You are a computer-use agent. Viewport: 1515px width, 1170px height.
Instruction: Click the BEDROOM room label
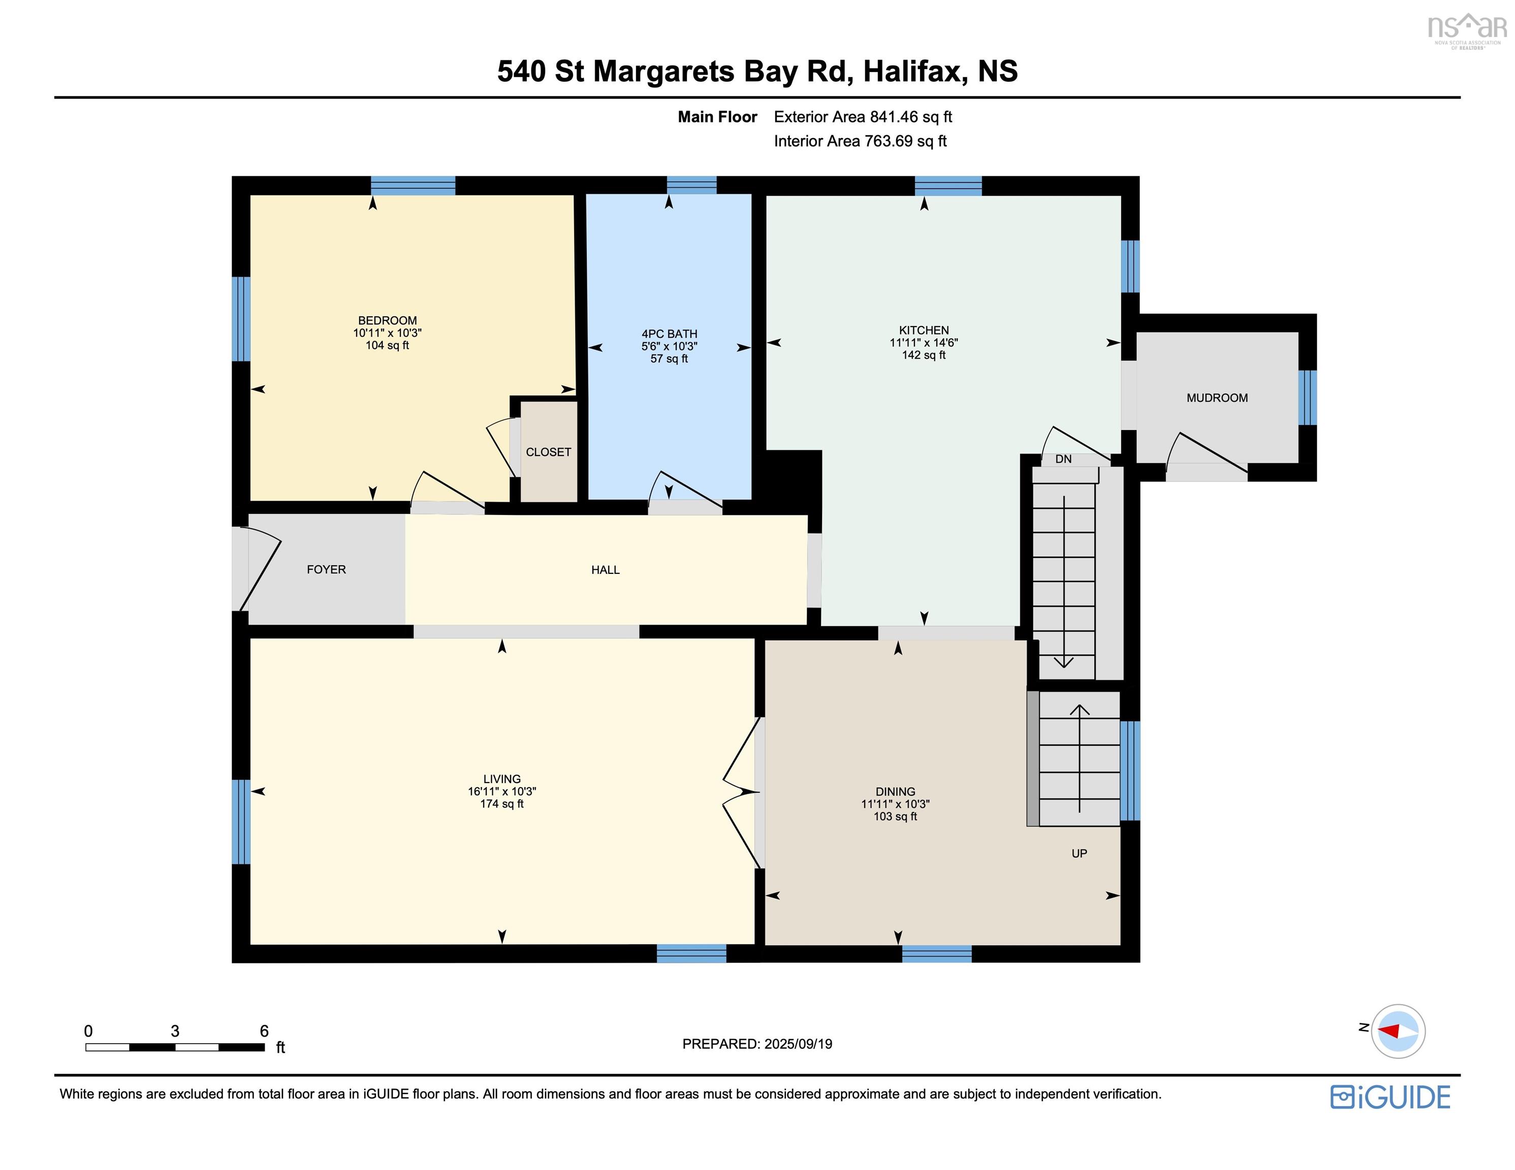coord(387,320)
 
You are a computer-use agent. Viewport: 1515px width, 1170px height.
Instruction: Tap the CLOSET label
coord(548,452)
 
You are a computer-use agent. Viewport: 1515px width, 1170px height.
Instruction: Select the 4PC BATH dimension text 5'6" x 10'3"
coord(669,346)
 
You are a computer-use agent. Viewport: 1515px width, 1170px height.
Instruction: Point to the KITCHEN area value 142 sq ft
coord(923,355)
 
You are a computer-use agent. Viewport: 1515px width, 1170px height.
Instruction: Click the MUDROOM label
coord(1217,398)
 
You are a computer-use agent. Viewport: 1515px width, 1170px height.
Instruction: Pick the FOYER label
coord(326,569)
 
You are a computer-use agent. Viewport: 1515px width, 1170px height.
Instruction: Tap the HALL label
coord(605,570)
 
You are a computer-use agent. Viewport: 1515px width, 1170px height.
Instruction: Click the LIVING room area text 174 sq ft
coord(501,804)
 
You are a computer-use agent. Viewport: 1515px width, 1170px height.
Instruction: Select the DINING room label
coord(895,791)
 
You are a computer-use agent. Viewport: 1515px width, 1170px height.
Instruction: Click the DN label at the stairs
coord(1063,459)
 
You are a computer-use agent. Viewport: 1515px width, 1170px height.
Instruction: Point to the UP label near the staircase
coord(1079,854)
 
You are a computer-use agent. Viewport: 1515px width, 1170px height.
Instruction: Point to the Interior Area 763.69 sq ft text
coord(860,142)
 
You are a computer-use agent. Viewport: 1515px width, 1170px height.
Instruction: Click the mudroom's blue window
coord(1307,398)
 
